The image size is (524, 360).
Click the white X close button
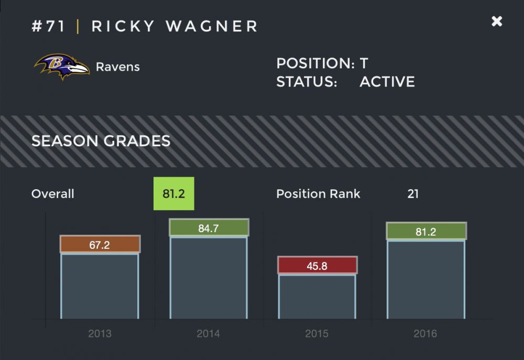pyautogui.click(x=497, y=21)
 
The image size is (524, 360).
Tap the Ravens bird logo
pyautogui.click(x=62, y=67)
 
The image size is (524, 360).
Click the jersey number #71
pyautogui.click(x=48, y=26)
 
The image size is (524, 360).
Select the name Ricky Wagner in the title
pyautogui.click(x=175, y=26)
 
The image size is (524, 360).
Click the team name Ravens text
pyautogui.click(x=117, y=67)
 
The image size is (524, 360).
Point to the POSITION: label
pyautogui.click(x=315, y=64)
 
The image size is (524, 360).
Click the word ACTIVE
pyautogui.click(x=387, y=82)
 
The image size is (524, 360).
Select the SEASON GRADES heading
pyautogui.click(x=101, y=141)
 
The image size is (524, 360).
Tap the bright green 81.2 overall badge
pyautogui.click(x=173, y=193)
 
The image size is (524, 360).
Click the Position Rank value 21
pyautogui.click(x=413, y=194)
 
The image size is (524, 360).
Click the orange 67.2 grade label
pyautogui.click(x=100, y=245)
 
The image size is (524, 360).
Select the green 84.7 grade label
pyautogui.click(x=208, y=228)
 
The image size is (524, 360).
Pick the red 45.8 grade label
pyautogui.click(x=317, y=266)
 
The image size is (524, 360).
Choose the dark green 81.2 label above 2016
pyautogui.click(x=425, y=232)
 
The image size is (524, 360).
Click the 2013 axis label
pyautogui.click(x=100, y=334)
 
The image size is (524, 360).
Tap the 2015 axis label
pyautogui.click(x=317, y=334)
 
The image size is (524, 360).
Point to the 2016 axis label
pyautogui.click(x=425, y=334)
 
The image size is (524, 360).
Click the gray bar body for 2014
pyautogui.click(x=208, y=278)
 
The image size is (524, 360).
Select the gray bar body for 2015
pyautogui.click(x=317, y=296)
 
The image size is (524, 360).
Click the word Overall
pyautogui.click(x=52, y=194)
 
